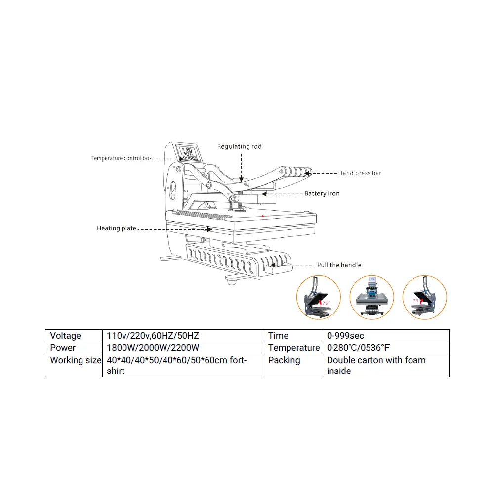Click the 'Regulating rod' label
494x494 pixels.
pos(240,146)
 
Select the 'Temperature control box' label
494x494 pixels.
pos(121,158)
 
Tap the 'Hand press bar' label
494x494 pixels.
pos(360,173)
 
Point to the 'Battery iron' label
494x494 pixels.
pos(322,193)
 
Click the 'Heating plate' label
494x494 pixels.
pos(116,228)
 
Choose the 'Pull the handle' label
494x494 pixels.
pos(339,265)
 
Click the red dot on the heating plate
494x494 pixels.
pos(262,216)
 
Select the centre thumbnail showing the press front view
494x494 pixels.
pos(371,297)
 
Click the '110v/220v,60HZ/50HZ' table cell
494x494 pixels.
pos(153,336)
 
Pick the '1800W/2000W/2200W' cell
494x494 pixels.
pos(153,348)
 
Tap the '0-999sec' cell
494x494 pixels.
pos(345,336)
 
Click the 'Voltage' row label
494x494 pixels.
pos(65,336)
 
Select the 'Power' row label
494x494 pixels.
pos(63,348)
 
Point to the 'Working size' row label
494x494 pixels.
pos(76,360)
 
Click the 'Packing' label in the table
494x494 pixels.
pos(284,360)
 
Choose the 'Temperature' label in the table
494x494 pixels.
pos(294,348)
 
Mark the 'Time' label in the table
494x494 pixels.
pos(278,336)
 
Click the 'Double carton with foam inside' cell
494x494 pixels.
pos(376,365)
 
